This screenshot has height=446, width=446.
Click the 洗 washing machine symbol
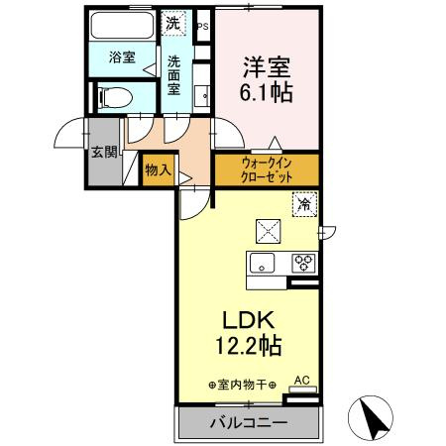173,22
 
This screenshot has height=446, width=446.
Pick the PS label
203,27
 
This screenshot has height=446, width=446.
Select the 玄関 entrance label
104,153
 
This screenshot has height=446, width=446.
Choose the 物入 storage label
158,170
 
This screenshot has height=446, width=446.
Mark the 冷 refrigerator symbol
303,205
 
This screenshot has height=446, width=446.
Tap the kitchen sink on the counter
264,264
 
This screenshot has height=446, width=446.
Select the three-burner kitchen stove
302,264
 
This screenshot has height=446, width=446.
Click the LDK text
248,319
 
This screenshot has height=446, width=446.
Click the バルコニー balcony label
248,423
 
